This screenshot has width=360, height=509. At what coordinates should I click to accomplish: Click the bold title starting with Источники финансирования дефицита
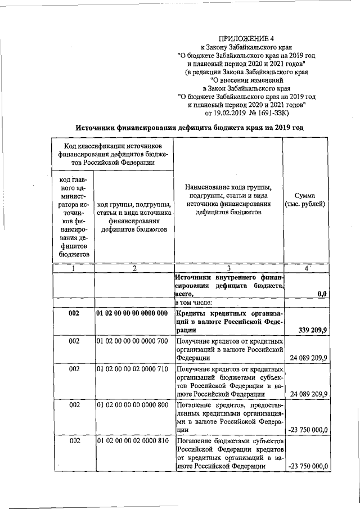tap(190, 129)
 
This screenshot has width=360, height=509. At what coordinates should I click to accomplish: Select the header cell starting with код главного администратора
tap(73, 217)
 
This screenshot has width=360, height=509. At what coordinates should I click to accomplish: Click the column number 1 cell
tap(73, 268)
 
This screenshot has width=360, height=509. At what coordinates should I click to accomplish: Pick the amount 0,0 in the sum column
tap(321, 294)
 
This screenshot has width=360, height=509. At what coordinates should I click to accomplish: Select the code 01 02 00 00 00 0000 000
tap(132, 313)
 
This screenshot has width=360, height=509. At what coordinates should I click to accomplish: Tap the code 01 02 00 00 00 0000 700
tap(132, 341)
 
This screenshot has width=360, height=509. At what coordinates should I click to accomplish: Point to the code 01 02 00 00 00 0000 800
tap(132, 406)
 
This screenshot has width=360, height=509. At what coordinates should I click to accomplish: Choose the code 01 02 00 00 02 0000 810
tap(132, 441)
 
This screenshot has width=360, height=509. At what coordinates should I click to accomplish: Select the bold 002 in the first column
tap(73, 313)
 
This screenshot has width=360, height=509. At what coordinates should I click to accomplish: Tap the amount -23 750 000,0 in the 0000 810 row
tap(308, 466)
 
